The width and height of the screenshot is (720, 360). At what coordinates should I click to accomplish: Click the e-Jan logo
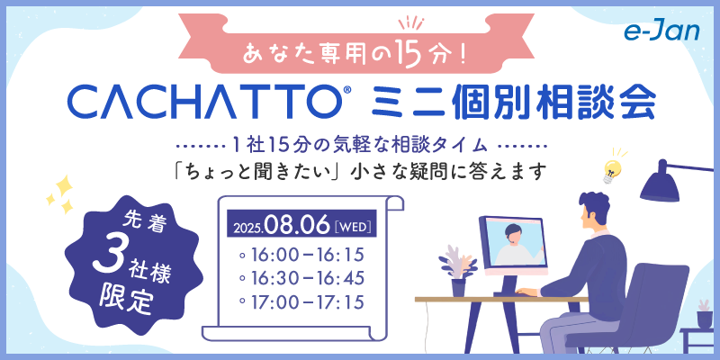[x=661, y=31]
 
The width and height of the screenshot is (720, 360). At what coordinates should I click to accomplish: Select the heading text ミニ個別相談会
[x=513, y=103]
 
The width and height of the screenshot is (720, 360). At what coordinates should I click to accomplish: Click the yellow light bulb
[x=613, y=169]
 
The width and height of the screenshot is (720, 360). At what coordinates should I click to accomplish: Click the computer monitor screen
[x=513, y=242]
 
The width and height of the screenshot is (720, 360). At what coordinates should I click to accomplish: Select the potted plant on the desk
[x=457, y=271]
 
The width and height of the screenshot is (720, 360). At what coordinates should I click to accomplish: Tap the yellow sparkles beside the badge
[x=60, y=194]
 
